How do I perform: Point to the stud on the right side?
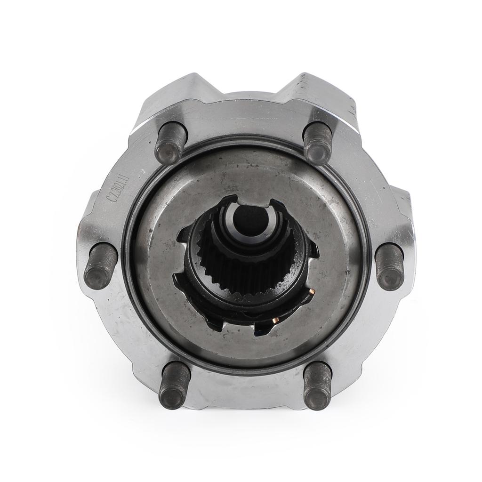pos(390,266)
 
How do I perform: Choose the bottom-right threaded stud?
pos(317,386)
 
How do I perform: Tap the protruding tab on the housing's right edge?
pos(402,207)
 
